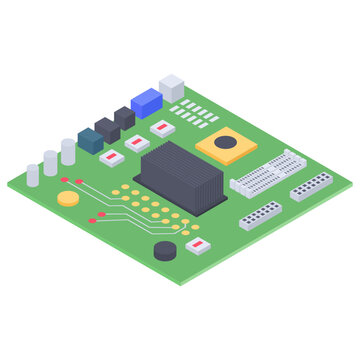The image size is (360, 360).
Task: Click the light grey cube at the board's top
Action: (172, 87)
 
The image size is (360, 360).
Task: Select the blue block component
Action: (147, 102)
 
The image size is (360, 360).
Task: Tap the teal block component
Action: (90, 141)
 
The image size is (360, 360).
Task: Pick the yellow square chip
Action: (227, 145)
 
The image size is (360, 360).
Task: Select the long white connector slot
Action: (267, 172)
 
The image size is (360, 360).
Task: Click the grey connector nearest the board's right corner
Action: (310, 185)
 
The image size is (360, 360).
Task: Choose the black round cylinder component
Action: (165, 249)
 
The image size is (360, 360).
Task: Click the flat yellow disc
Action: (68, 197)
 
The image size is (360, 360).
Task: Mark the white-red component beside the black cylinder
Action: (199, 244)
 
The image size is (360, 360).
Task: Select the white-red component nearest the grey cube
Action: (161, 128)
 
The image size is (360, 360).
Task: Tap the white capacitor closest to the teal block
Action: (68, 151)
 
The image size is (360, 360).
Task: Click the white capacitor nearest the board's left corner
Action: (33, 174)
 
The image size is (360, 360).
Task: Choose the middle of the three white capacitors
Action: (50, 162)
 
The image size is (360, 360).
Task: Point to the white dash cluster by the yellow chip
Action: (194, 112)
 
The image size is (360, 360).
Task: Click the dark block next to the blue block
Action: (124, 118)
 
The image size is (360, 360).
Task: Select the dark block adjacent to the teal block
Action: (107, 130)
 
